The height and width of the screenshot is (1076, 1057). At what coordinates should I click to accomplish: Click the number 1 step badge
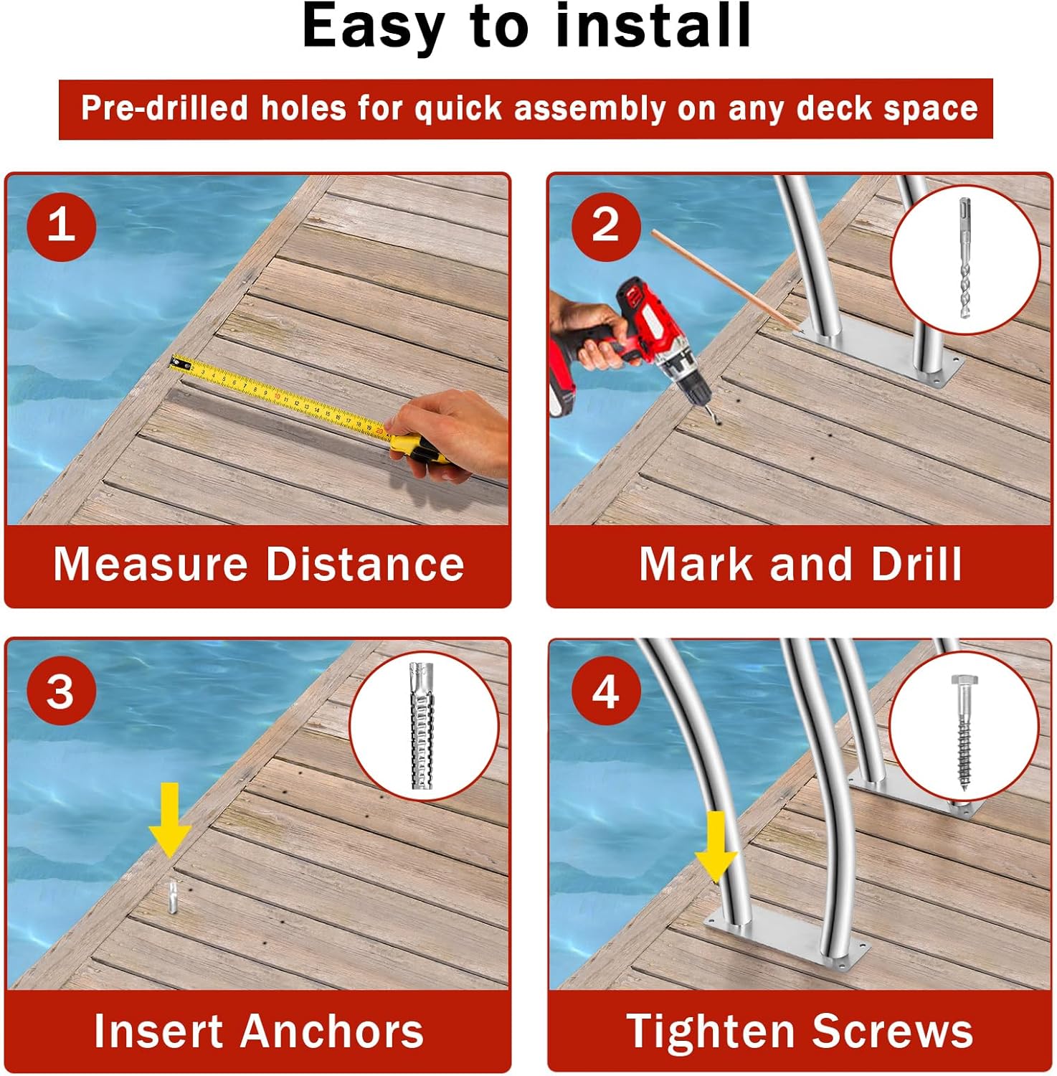(61, 225)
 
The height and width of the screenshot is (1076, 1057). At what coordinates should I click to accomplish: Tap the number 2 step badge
(605, 225)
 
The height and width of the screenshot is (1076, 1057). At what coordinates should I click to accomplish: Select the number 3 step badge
(61, 692)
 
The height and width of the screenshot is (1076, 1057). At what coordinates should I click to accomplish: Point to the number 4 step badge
(605, 692)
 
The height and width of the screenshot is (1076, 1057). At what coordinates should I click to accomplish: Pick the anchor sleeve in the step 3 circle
(422, 726)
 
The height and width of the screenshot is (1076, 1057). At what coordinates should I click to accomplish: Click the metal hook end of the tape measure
(179, 363)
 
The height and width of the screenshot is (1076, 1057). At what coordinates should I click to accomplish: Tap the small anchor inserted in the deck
(172, 897)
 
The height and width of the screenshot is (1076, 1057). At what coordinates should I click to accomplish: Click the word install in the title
(653, 27)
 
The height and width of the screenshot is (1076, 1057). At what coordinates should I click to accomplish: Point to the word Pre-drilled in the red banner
(164, 108)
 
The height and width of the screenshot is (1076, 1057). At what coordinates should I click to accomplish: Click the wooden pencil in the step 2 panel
(724, 280)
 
